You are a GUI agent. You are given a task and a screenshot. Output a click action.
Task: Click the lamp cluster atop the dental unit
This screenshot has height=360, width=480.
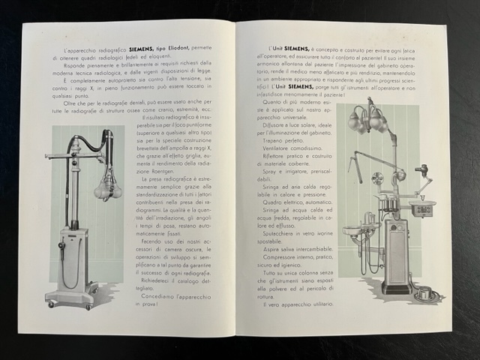point(367,118)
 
